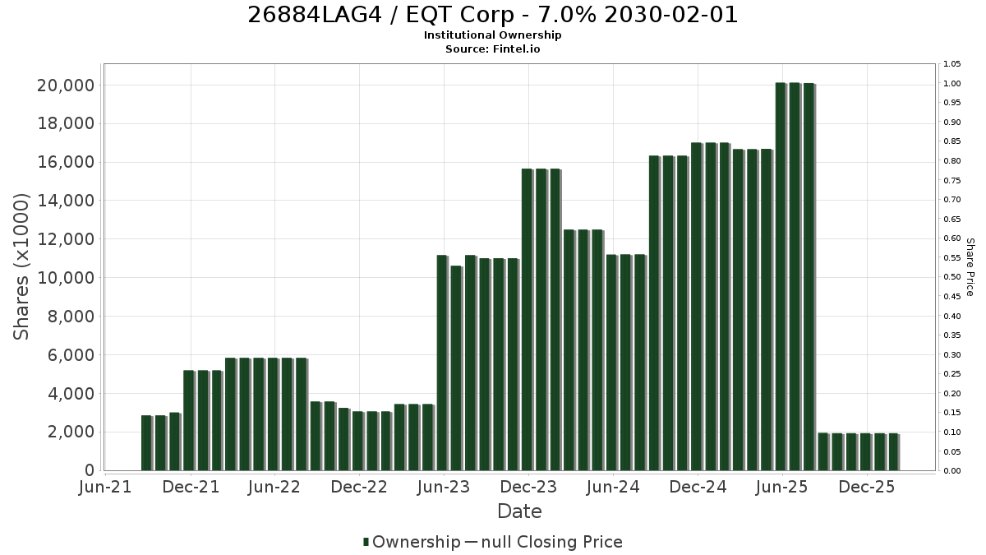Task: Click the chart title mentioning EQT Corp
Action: click(492, 15)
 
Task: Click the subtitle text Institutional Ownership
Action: click(492, 35)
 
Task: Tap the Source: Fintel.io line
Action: click(492, 49)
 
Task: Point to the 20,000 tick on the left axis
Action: click(66, 86)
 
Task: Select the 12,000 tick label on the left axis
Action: click(66, 239)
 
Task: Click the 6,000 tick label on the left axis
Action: click(71, 355)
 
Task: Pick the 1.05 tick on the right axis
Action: click(951, 64)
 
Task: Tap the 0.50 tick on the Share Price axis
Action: click(951, 277)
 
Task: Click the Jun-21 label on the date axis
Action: click(105, 487)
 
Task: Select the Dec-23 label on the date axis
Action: click(528, 487)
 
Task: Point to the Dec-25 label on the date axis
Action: click(867, 487)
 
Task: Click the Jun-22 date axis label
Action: click(274, 487)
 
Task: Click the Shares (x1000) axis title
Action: click(21, 267)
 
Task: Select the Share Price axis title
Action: click(970, 267)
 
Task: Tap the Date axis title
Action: click(519, 511)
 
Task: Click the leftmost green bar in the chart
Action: click(146, 443)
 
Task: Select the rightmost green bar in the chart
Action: click(893, 452)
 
